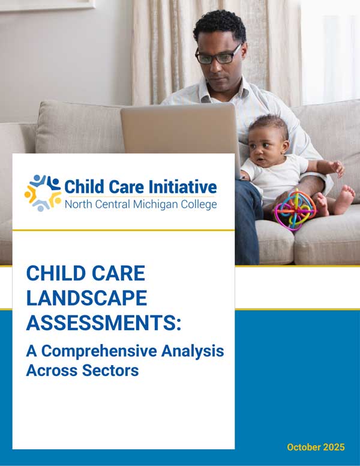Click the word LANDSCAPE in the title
86,298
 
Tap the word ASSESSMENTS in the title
101,322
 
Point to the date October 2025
316,447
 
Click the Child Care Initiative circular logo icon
43,192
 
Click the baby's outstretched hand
338,168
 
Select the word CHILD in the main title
53,274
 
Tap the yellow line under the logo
123,230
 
